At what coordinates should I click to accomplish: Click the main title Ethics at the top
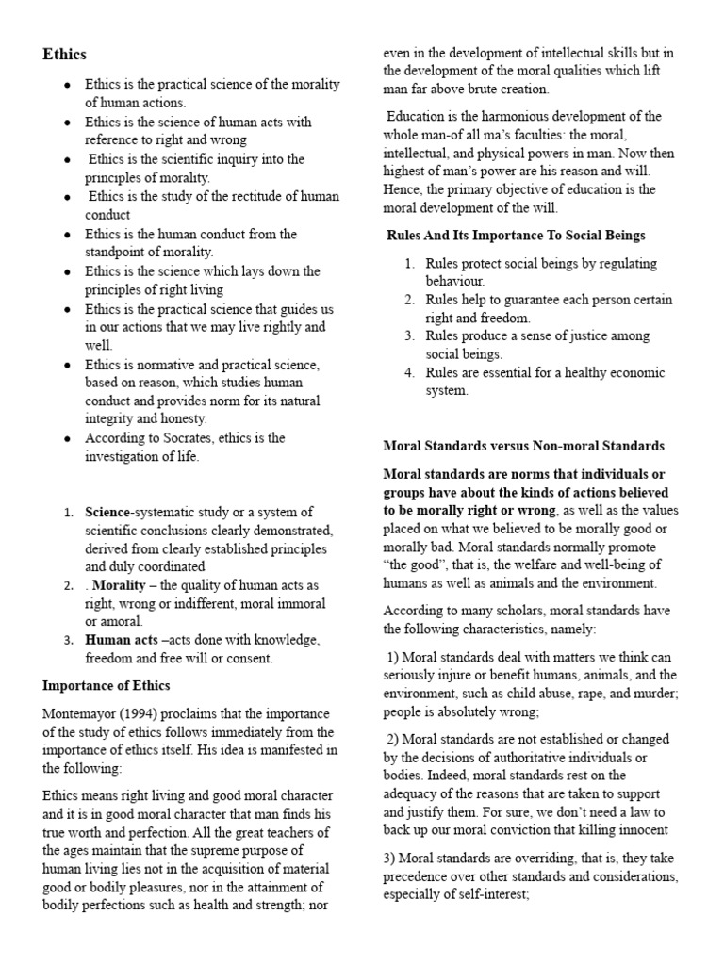tap(64, 55)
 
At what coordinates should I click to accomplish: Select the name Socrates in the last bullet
tap(180, 438)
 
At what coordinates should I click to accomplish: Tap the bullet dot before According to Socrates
tap(68, 439)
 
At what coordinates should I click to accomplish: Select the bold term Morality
tap(119, 585)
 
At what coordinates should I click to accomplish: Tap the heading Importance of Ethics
tap(107, 685)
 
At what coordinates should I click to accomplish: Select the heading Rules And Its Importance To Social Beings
tap(517, 235)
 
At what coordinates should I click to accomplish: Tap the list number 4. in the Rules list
tap(410, 372)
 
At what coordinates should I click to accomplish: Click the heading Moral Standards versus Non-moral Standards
tap(523, 446)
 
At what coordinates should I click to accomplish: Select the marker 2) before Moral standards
tap(392, 738)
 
